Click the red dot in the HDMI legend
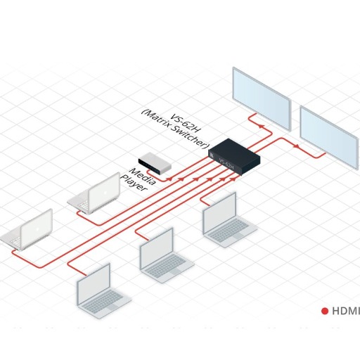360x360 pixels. (x=325, y=311)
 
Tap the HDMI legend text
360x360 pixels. (x=346, y=311)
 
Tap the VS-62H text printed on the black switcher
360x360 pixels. (x=226, y=163)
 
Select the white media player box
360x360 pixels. (x=155, y=163)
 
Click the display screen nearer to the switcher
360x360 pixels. (x=262, y=98)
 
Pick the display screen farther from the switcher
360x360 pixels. (x=329, y=137)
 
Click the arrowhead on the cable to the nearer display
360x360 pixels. (x=261, y=127)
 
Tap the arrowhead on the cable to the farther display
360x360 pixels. (x=297, y=146)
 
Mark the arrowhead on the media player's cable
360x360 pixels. (x=169, y=179)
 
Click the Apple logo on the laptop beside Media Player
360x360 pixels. (x=105, y=193)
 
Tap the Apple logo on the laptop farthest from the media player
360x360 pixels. (x=37, y=230)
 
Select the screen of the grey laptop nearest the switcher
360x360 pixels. (x=219, y=212)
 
